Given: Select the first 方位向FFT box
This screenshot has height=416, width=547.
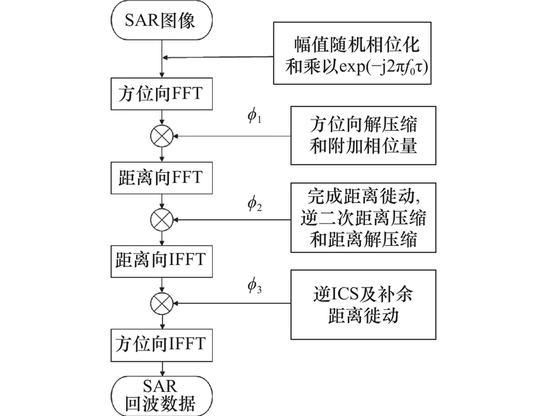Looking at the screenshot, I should [161, 92].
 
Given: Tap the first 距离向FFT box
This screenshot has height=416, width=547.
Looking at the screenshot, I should [161, 176].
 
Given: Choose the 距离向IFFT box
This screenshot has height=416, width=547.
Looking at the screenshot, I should [161, 260].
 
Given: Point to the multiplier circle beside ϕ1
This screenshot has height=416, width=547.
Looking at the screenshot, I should [161, 135].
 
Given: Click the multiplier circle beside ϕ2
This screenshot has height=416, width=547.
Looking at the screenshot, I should [161, 219].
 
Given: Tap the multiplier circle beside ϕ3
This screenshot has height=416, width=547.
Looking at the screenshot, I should [161, 301].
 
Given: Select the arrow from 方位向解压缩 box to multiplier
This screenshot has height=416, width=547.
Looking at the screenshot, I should [232, 135].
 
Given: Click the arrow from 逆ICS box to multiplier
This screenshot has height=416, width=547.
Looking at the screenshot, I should [232, 301].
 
